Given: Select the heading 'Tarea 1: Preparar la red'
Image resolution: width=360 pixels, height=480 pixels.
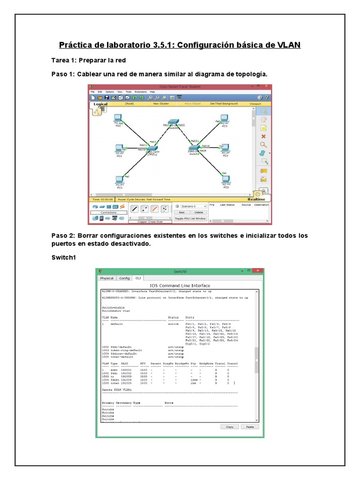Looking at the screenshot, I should [x=89, y=60].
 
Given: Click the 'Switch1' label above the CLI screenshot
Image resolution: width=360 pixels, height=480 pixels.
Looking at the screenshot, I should [x=64, y=257].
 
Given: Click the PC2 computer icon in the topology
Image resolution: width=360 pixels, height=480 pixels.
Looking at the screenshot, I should [x=120, y=179].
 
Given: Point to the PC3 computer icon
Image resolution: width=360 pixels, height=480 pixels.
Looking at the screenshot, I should [x=225, y=119].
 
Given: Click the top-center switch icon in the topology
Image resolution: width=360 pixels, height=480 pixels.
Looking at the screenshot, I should [x=174, y=121].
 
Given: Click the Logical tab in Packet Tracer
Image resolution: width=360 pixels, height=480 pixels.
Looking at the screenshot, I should [x=100, y=104].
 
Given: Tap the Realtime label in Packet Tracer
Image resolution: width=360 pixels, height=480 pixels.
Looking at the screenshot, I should [x=256, y=199].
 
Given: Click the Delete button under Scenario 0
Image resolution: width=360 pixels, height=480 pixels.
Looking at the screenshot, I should [x=199, y=212].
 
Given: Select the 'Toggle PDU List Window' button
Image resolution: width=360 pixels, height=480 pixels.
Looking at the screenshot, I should [x=190, y=218].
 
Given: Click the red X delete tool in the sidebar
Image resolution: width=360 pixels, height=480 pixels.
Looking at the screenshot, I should [x=263, y=136].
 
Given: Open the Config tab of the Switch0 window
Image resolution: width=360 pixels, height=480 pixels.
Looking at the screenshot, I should [x=124, y=278].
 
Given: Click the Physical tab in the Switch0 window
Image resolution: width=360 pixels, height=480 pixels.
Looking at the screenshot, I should [x=106, y=278].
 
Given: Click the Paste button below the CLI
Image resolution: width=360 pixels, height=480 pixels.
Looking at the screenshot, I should [x=250, y=427].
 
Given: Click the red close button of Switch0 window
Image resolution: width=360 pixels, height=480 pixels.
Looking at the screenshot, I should [x=257, y=271].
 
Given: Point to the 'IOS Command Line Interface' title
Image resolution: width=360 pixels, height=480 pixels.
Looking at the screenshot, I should [x=180, y=285].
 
